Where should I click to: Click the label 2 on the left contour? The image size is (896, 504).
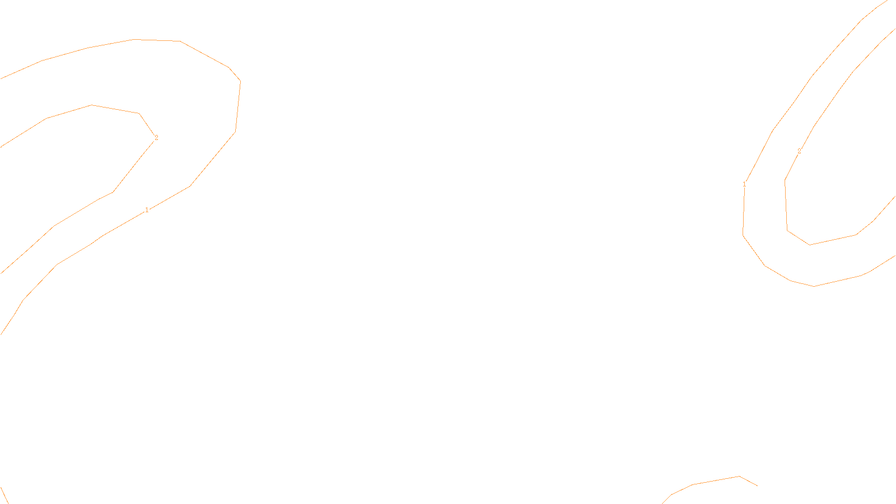click(156, 138)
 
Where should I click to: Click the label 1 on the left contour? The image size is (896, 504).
click(147, 210)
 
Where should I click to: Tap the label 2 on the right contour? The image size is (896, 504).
click(799, 151)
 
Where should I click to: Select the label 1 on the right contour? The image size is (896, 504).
click(744, 184)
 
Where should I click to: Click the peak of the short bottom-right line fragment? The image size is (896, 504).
click(740, 477)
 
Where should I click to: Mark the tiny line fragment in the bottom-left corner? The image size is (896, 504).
click(4, 495)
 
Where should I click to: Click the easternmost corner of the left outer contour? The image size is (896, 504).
click(240, 81)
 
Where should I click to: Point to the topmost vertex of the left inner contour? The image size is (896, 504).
click(91, 105)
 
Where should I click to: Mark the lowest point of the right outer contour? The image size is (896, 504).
click(814, 286)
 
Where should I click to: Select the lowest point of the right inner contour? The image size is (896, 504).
click(810, 245)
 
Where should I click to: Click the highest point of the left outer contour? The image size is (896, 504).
click(134, 39)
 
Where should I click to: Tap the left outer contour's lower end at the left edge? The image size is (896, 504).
click(1, 334)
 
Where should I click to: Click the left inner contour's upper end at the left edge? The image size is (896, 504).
click(1, 147)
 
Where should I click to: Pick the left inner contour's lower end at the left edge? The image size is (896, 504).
click(1, 273)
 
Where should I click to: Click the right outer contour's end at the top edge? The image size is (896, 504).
click(888, 1)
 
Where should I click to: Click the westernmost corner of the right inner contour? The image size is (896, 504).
click(785, 180)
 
